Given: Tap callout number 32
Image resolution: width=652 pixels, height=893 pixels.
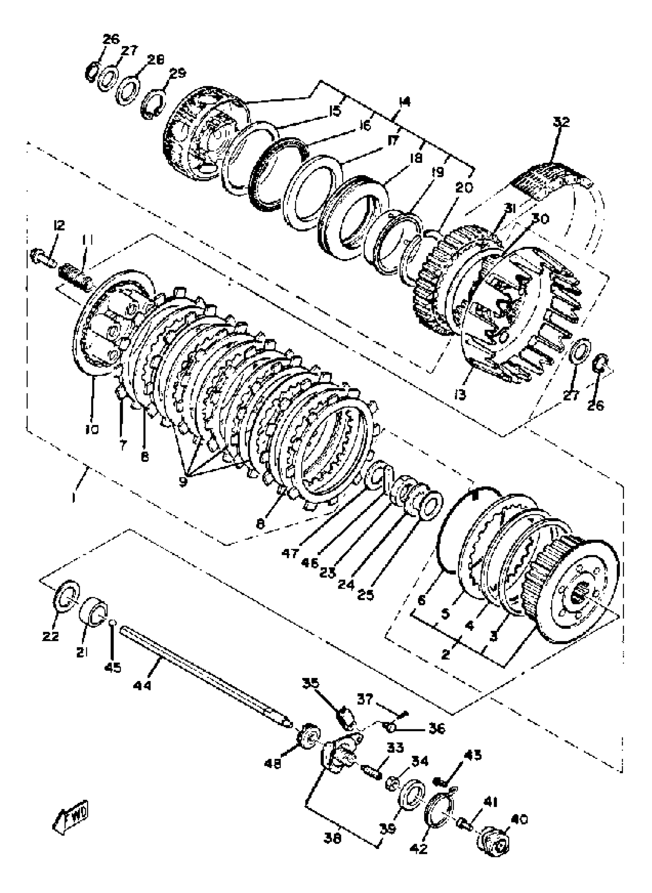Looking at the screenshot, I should (x=561, y=122).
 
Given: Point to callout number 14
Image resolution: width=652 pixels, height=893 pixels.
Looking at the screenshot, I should (x=405, y=102).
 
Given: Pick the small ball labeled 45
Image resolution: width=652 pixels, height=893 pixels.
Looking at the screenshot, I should (x=112, y=622).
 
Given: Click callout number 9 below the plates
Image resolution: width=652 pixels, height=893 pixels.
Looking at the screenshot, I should (x=182, y=482).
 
